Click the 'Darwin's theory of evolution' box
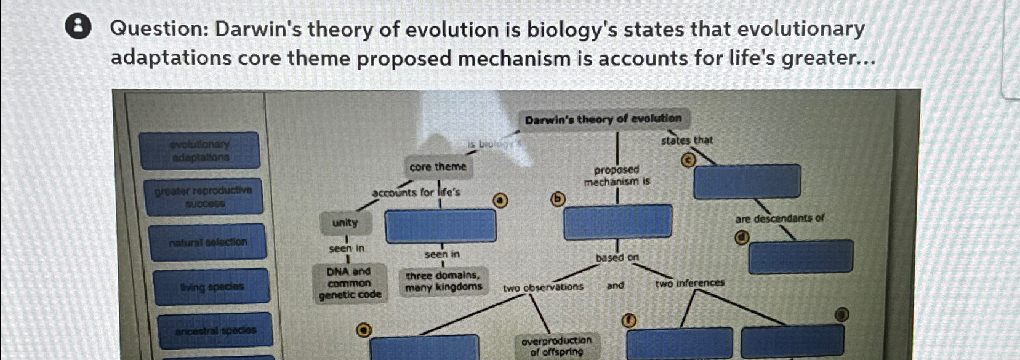pos(603,119)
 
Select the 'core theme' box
pos(438,167)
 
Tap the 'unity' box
pos(345,223)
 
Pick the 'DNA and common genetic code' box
pos(350,283)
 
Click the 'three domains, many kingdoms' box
pos(443,281)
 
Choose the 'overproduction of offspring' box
pos(556,346)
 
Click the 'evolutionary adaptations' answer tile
pos(200,151)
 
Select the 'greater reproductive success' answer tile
pos(203,197)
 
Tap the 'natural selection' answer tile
pos(208,242)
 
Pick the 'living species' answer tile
pos(212,287)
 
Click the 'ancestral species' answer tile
pos(215,330)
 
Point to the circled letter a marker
pos(502,200)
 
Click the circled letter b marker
pos(557,199)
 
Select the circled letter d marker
pos(743,238)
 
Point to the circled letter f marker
pos(628,319)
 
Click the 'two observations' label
pos(542,287)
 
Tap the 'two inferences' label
pos(689,284)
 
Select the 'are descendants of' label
pos(779,218)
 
